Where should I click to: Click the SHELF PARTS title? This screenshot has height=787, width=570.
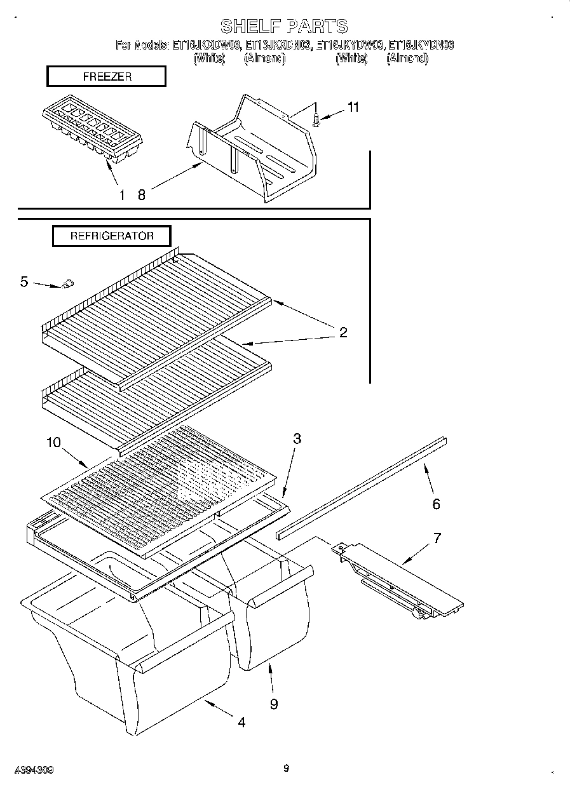click(284, 26)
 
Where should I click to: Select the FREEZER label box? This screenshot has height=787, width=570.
click(106, 77)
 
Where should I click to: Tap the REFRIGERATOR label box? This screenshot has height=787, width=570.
click(112, 236)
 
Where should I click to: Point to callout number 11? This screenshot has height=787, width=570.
click(353, 107)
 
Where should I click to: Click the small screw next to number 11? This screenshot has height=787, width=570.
click(316, 119)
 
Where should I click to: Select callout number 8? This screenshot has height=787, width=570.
click(141, 195)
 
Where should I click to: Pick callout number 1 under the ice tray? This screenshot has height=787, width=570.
click(121, 195)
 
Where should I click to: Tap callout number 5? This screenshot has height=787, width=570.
click(24, 281)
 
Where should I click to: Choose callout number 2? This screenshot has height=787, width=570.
click(343, 332)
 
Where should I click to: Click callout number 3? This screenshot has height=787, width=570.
click(297, 438)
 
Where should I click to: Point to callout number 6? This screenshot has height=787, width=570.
click(436, 504)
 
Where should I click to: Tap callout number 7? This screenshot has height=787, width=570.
click(437, 538)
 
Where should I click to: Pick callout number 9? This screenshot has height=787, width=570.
click(274, 704)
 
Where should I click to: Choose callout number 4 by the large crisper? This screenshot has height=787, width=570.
click(241, 722)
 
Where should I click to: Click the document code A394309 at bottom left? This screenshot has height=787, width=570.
click(33, 770)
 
